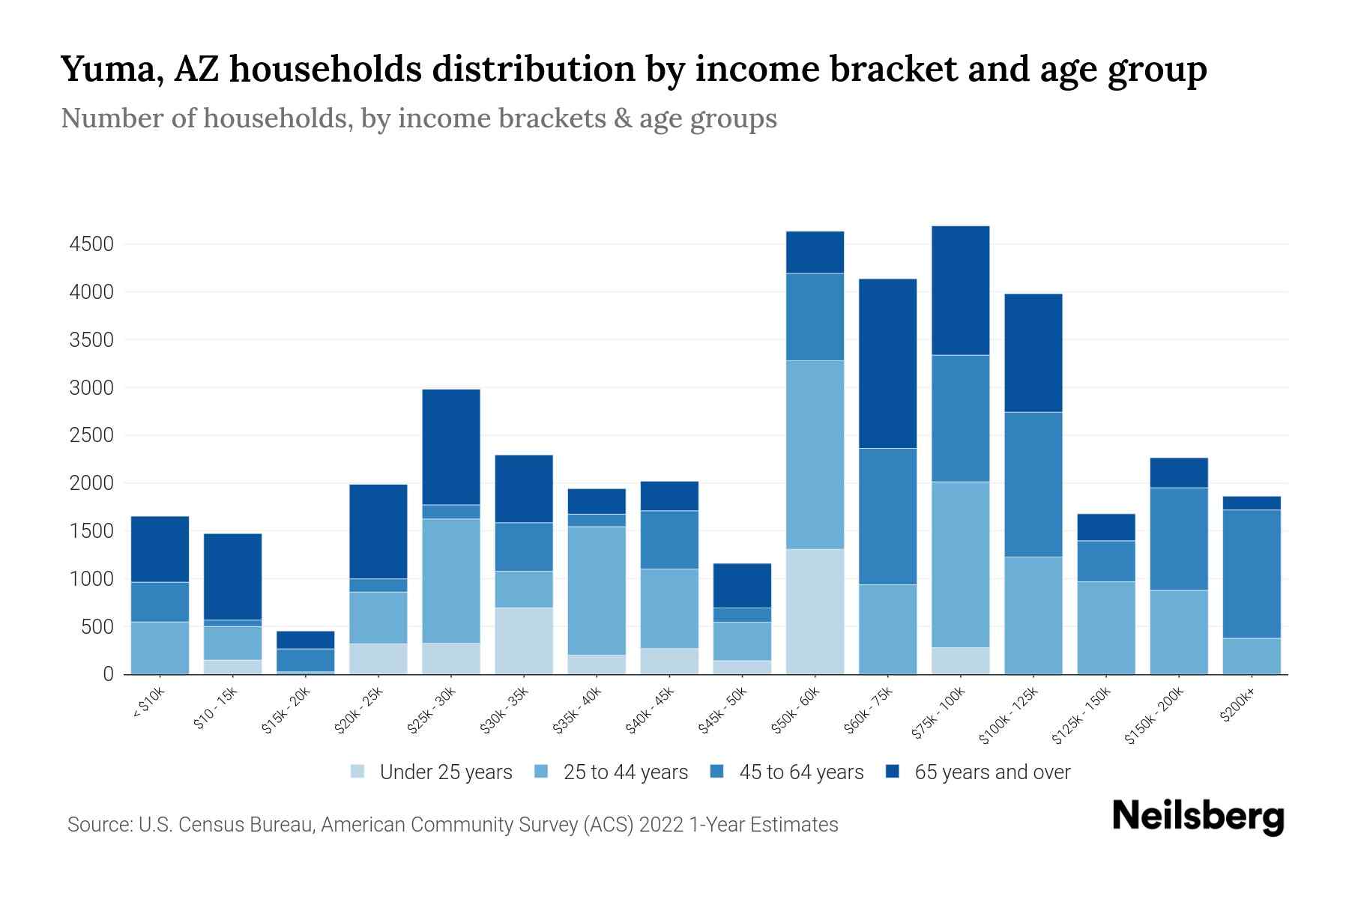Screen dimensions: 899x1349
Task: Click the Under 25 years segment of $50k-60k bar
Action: tap(815, 611)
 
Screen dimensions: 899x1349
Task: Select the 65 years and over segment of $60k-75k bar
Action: tap(887, 363)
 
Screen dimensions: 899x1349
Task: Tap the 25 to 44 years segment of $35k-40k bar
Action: tap(597, 590)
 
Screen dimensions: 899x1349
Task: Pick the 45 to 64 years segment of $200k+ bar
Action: tap(1252, 574)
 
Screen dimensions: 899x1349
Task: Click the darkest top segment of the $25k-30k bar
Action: tap(451, 447)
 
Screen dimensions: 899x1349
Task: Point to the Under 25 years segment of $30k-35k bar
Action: tap(524, 641)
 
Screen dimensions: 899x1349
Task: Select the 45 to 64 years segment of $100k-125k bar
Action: tap(1033, 484)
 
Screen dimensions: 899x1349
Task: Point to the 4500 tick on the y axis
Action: tap(91, 244)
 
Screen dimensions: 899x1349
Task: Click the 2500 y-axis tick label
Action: tap(91, 436)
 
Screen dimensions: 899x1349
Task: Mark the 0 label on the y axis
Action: tap(109, 674)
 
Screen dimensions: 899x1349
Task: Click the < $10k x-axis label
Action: tap(148, 704)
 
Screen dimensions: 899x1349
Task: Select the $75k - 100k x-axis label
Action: tap(938, 715)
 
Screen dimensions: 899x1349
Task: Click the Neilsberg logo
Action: tap(1198, 817)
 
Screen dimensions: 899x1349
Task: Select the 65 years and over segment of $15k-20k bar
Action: tap(306, 640)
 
